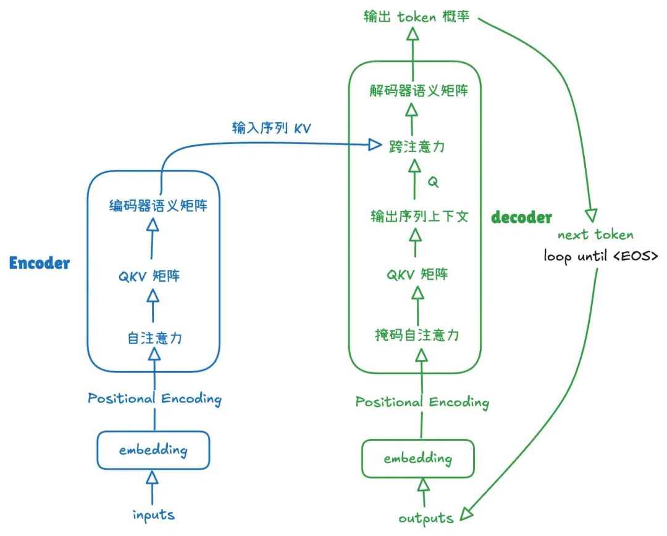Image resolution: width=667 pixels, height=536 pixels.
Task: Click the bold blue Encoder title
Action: tap(40, 264)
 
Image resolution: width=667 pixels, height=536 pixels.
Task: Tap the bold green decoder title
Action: tap(521, 217)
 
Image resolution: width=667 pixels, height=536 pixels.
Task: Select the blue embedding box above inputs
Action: tap(153, 450)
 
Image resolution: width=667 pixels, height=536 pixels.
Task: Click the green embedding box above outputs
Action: tap(417, 459)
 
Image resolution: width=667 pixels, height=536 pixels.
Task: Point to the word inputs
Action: tap(153, 514)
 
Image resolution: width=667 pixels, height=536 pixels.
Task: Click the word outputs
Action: tap(426, 517)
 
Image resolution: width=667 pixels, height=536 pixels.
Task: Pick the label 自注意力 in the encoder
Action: tap(154, 338)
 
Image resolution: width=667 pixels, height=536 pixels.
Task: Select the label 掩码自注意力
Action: tap(417, 335)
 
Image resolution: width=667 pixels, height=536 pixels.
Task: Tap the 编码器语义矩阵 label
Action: tap(157, 206)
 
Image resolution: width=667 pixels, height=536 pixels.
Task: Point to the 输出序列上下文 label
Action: tap(419, 217)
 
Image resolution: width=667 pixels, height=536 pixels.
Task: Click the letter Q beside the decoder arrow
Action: tap(433, 183)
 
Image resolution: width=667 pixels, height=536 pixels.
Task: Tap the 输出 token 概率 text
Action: tap(416, 17)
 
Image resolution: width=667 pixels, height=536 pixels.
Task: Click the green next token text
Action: tap(595, 235)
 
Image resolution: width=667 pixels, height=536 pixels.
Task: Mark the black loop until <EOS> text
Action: tap(600, 255)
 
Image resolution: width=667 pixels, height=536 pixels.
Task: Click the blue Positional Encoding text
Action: tap(154, 398)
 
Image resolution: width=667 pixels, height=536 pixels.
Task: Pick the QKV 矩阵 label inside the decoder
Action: tap(417, 274)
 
